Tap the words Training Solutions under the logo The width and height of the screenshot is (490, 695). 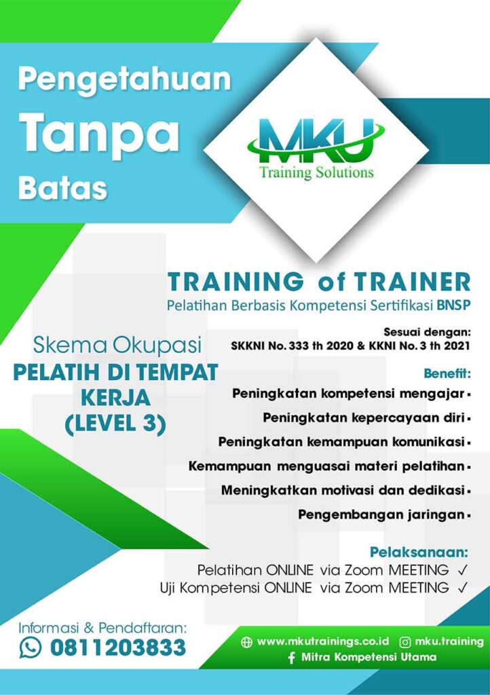tap(317, 172)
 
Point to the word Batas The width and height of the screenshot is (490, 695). tap(63, 188)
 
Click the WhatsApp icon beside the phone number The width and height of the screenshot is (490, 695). tap(31, 647)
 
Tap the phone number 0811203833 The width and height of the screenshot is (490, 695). tap(118, 647)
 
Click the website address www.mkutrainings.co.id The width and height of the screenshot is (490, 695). tap(323, 641)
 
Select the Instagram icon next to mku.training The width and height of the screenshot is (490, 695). tap(405, 642)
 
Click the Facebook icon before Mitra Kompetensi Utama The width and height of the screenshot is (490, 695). tap(291, 658)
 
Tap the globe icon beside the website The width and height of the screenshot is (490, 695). tap(246, 642)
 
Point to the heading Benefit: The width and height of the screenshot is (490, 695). tap(447, 373)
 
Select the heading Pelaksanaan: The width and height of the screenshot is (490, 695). tap(419, 552)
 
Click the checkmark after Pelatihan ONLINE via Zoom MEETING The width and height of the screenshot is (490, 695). tap(463, 569)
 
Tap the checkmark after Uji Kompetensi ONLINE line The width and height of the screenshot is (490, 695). tap(463, 588)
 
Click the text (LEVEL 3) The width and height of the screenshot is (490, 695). tap(115, 424)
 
